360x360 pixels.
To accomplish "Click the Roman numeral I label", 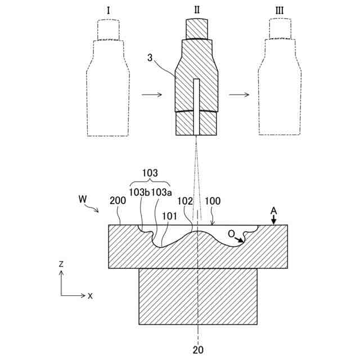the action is (x=108, y=11).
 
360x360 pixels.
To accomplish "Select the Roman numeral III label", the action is (x=280, y=11).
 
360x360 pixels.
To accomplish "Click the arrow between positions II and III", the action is (x=238, y=94).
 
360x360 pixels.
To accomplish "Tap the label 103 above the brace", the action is (x=150, y=174).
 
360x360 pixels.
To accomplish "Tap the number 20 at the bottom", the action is (x=198, y=349).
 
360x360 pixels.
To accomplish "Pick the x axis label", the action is (x=90, y=295).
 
